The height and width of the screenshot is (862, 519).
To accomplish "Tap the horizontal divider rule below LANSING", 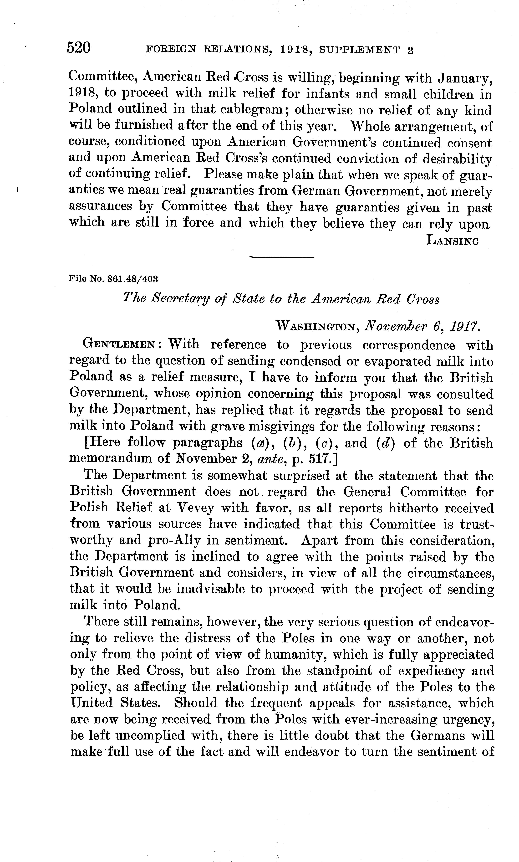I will click(x=282, y=258).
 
